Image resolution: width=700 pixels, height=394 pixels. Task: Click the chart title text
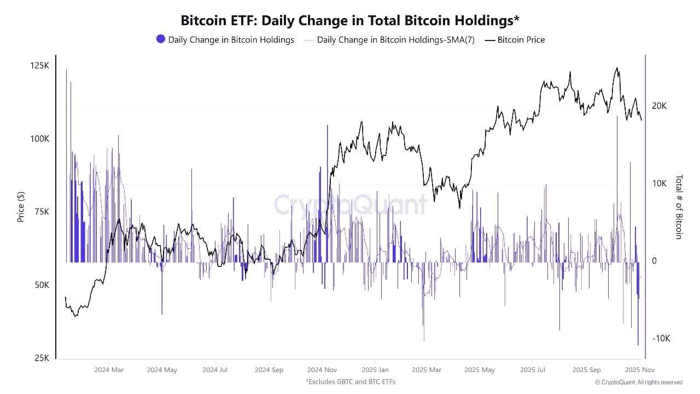(350, 20)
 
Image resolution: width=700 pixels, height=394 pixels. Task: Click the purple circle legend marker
(161, 39)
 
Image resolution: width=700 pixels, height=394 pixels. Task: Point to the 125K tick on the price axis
(39, 66)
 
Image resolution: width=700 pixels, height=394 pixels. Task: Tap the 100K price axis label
(39, 139)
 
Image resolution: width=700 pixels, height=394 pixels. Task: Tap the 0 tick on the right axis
(654, 261)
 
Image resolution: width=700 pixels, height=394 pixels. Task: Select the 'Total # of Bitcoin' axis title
(679, 207)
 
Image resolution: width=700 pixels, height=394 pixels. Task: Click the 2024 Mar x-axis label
(109, 370)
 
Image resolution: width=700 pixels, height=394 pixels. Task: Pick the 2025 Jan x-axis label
(375, 370)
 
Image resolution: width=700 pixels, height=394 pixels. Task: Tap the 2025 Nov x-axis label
(639, 370)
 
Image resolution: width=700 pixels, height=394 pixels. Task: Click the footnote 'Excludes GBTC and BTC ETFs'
(350, 381)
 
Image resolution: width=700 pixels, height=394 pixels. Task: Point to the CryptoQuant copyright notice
(639, 382)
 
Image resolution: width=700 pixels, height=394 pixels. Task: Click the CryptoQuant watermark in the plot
(350, 205)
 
